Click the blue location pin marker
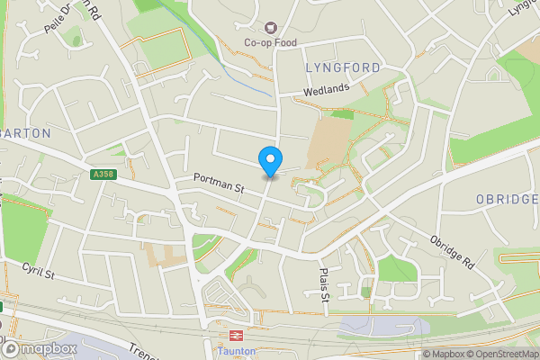click(x=269, y=159)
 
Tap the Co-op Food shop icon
click(x=269, y=28)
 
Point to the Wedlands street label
click(x=325, y=91)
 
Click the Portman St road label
click(x=220, y=187)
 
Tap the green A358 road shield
click(x=103, y=175)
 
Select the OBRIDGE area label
click(x=508, y=198)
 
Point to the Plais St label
click(x=326, y=284)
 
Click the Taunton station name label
click(x=236, y=351)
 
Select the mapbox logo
click(x=40, y=348)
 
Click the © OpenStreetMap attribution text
click(x=499, y=354)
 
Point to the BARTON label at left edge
click(x=24, y=132)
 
